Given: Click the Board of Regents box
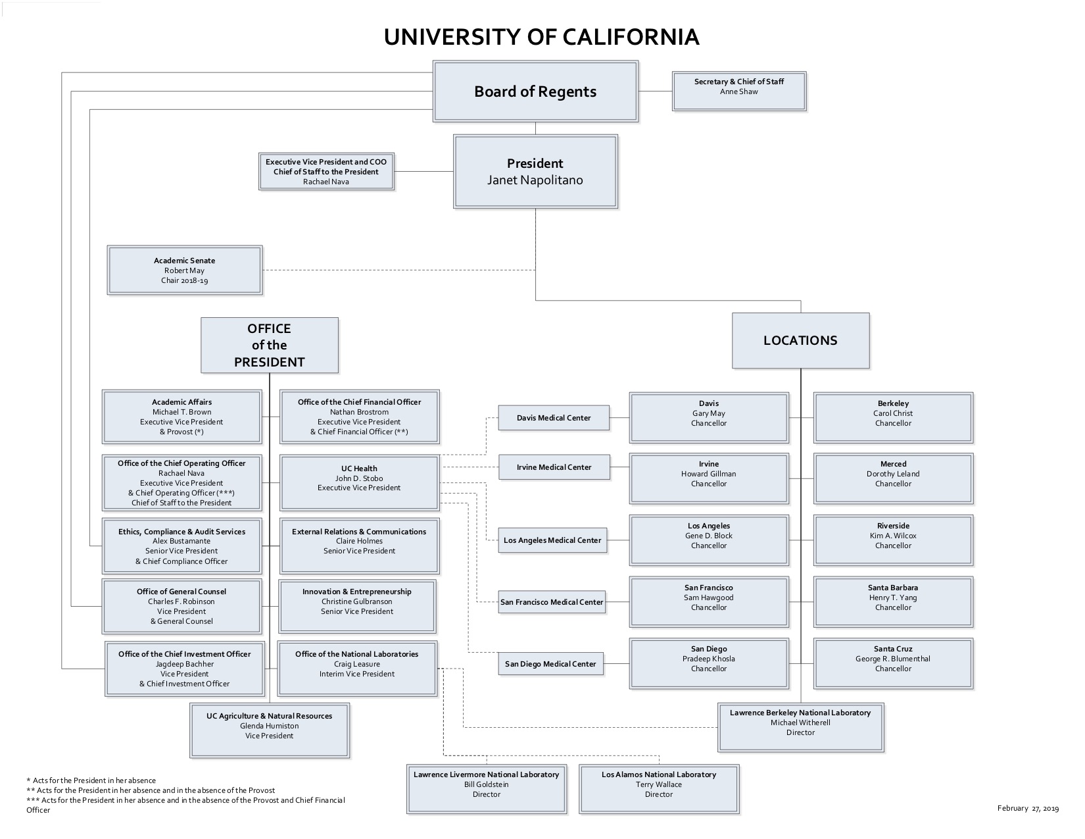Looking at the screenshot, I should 535,91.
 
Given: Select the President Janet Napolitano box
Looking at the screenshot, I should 535,172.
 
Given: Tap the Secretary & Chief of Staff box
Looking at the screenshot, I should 739,91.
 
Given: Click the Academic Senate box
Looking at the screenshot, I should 185,270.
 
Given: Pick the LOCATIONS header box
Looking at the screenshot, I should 800,340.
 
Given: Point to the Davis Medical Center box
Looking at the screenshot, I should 554,418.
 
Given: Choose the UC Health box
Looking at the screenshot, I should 359,482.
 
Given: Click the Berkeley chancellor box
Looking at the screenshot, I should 893,417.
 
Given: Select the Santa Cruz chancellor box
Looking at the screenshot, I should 893,663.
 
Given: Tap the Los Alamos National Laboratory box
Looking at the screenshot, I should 659,788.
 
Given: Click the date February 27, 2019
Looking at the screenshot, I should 1028,808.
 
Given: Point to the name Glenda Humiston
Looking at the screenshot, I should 269,726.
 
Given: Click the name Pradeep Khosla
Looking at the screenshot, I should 709,659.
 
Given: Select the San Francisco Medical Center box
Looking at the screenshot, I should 552,602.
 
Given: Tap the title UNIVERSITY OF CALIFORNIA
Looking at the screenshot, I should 541,37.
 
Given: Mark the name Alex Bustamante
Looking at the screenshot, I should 181,541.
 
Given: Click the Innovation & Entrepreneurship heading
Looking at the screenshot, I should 357,592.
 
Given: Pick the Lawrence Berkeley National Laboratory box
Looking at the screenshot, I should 800,726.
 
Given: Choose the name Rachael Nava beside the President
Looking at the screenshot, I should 326,182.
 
